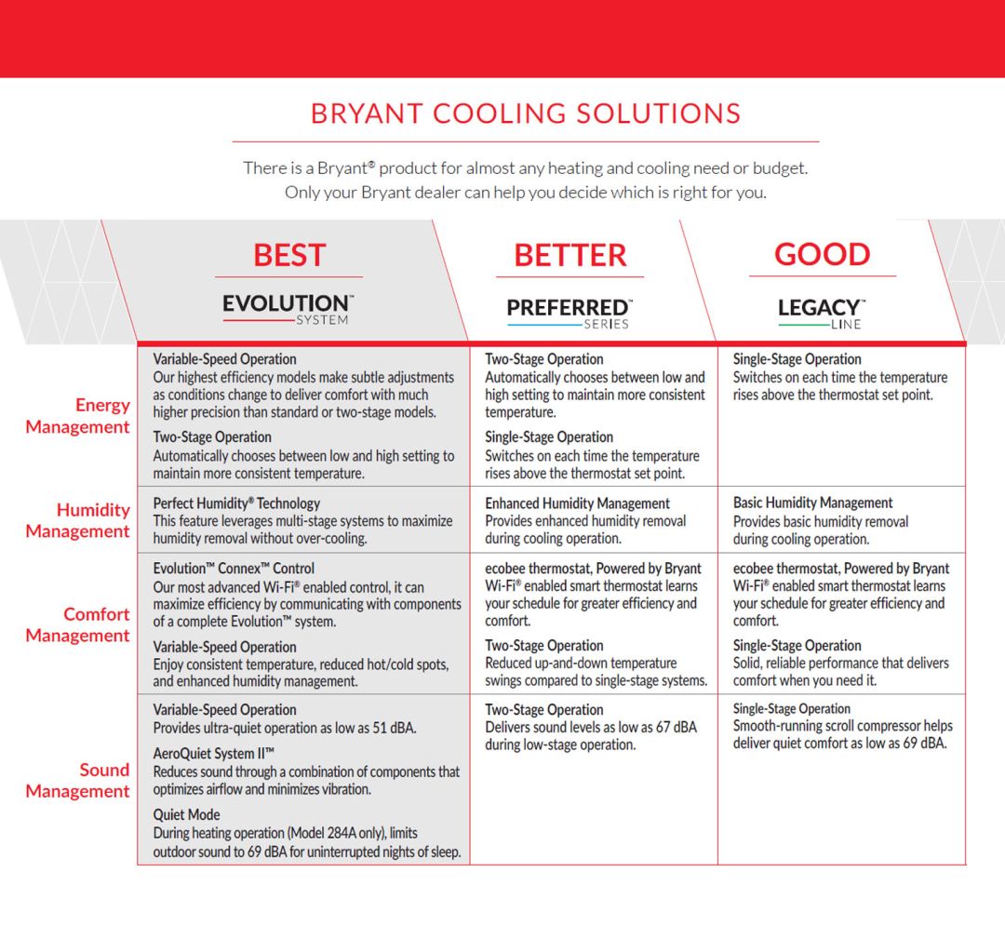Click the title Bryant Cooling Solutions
pos(526,114)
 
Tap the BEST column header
pos(289,255)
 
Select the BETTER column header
pos(569,255)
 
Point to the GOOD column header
pos(823,254)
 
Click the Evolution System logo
pos(288,309)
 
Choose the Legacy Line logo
pos(822,314)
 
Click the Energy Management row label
pos(77,416)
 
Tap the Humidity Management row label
pos(77,520)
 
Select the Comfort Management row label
pos(77,625)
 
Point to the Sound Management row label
pos(77,781)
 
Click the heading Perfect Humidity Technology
pos(236,503)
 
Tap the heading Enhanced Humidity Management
pos(578,503)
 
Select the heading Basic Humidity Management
pos(812,503)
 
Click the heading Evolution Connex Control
pos(234,569)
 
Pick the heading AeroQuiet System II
pos(213,754)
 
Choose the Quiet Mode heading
pos(186,814)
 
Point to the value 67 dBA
pos(677,728)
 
